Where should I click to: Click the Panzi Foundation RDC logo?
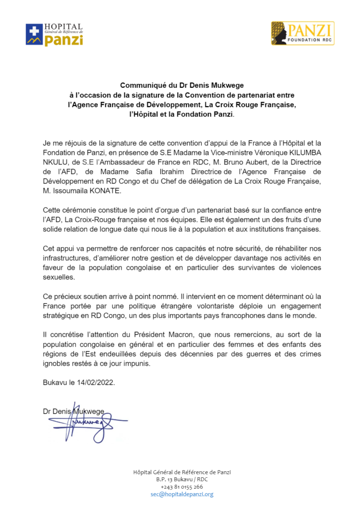click(302, 33)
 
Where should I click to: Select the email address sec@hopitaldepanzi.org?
click(182, 494)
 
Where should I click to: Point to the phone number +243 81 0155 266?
click(182, 487)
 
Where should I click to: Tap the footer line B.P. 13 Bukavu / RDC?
click(182, 479)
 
